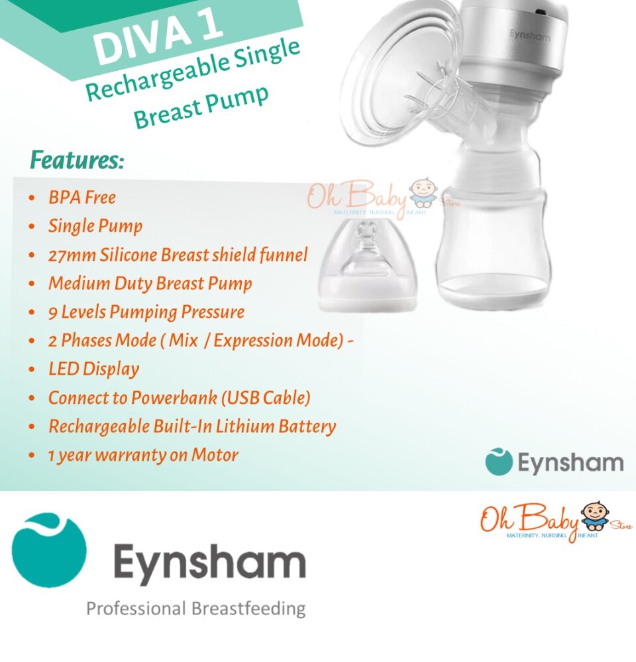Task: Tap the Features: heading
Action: click(77, 160)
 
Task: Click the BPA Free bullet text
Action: click(82, 197)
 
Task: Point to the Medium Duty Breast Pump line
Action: click(150, 284)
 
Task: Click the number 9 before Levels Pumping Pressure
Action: click(53, 313)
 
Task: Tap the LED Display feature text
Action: click(94, 369)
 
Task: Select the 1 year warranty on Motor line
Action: click(143, 455)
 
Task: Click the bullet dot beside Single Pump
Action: click(32, 226)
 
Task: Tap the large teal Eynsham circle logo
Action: click(49, 550)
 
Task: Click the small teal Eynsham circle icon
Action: click(499, 462)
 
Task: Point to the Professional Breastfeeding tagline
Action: click(195, 609)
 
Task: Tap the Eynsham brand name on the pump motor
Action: click(530, 35)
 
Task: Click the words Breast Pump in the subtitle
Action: click(201, 106)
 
